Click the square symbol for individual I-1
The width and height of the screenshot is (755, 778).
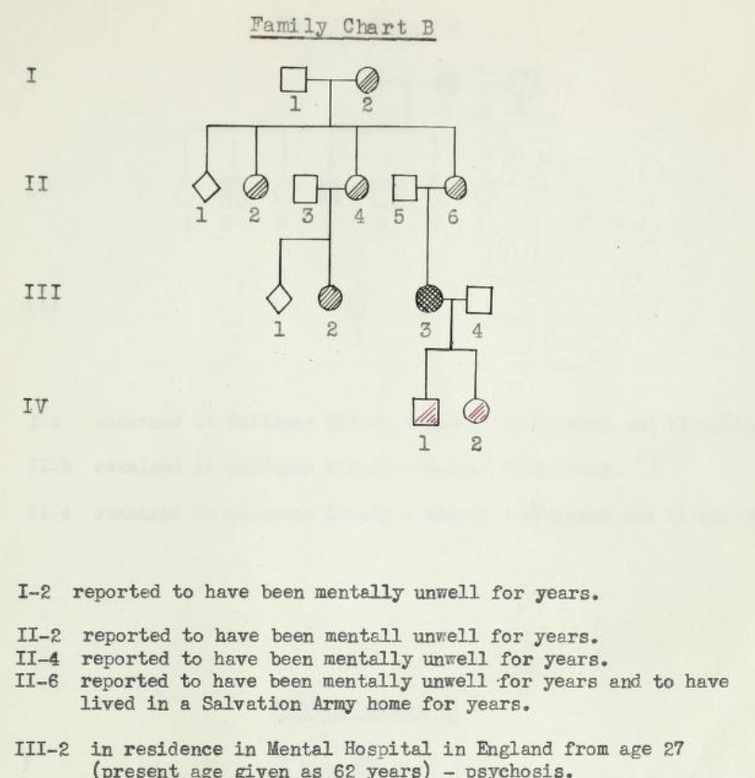(x=294, y=81)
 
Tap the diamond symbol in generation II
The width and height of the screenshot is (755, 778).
(x=205, y=188)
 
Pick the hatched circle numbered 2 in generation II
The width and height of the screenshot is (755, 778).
(x=255, y=188)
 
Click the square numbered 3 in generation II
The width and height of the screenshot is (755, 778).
(x=307, y=189)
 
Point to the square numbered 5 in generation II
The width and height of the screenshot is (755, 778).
(x=404, y=188)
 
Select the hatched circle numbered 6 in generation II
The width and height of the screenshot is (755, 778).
(x=455, y=188)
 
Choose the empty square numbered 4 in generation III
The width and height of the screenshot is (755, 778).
(x=478, y=300)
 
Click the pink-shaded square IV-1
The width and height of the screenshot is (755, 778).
(x=425, y=410)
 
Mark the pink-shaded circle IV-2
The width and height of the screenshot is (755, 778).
(x=476, y=410)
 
